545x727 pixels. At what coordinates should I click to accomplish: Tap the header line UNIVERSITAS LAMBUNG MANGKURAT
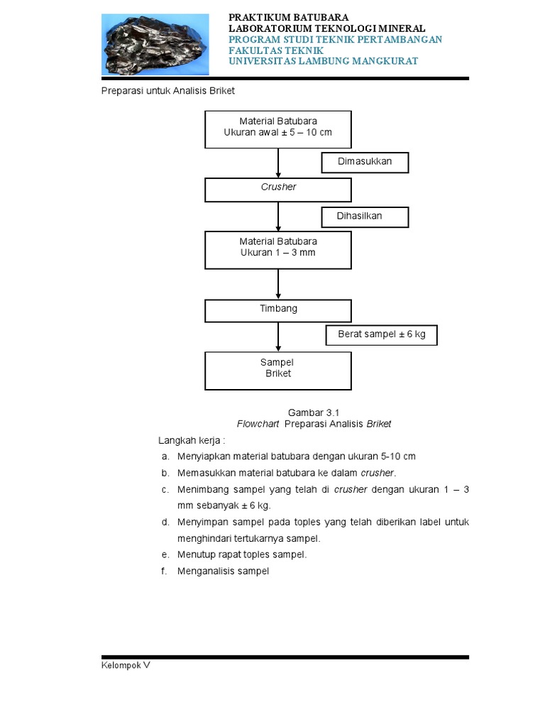[323, 61]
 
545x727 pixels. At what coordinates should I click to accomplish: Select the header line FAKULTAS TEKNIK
[275, 50]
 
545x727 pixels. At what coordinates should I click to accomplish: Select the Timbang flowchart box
[278, 310]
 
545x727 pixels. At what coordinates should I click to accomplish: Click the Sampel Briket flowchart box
[278, 370]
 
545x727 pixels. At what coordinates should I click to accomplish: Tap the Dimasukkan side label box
[365, 162]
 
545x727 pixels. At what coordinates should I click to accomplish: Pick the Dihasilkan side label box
[365, 217]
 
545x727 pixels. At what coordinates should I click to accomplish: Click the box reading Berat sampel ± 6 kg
[382, 334]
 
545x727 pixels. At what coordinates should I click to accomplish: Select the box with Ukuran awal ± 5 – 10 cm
[278, 129]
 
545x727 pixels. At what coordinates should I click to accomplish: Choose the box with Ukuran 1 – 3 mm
[278, 249]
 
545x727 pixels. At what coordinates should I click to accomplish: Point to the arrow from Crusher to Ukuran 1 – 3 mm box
[278, 216]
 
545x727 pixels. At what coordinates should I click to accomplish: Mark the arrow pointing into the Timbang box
[278, 284]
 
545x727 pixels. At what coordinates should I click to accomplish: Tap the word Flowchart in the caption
[258, 424]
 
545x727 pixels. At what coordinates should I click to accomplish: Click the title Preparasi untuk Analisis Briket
[168, 91]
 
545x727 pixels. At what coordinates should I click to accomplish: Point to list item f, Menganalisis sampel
[223, 571]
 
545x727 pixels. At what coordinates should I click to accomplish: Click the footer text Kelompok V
[126, 666]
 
